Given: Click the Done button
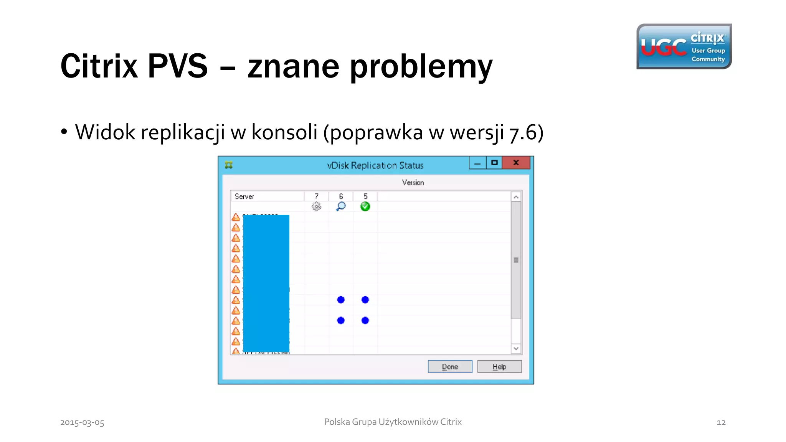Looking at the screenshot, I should click(450, 366).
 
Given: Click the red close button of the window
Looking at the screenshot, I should click(516, 163).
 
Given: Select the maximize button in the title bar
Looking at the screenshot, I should click(494, 163).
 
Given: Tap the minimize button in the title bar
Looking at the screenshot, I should click(477, 163).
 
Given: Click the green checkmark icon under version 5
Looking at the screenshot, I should click(365, 206).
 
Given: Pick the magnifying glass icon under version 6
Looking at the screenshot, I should click(341, 206).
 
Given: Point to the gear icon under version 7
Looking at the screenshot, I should click(316, 206).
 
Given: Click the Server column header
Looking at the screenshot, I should click(244, 196).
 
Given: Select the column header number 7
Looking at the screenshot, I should click(317, 196).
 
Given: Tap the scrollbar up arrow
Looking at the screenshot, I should click(516, 197).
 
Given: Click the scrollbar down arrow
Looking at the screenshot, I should click(516, 348).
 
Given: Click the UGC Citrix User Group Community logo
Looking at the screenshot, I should click(684, 46).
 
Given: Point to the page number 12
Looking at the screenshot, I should click(721, 422).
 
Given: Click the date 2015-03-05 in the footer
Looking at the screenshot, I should click(82, 422).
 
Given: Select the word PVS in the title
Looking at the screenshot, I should click(177, 66).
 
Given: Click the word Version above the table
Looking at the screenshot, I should click(413, 183).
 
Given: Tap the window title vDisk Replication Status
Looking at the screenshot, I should click(375, 165).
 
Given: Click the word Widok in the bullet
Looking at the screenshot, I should click(105, 132).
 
